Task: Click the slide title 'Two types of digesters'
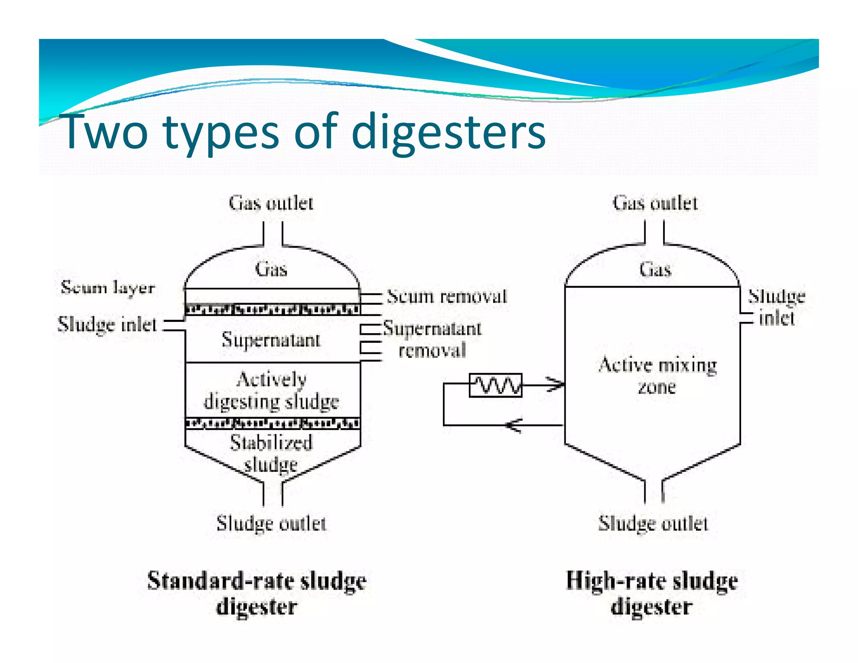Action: tap(305, 132)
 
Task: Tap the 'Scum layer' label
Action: tap(108, 288)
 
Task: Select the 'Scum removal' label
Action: tap(447, 297)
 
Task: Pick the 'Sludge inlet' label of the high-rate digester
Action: tap(776, 307)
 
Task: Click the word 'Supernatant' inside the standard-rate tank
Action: tap(271, 339)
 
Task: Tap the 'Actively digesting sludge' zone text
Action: tap(271, 391)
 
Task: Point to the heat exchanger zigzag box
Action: tap(496, 385)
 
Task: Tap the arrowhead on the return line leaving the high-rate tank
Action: tap(513, 425)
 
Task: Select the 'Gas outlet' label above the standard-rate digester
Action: tap(271, 203)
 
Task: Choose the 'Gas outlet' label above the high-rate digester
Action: tap(655, 203)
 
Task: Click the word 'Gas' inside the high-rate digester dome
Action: tap(655, 269)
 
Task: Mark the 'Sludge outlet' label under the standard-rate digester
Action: tap(271, 523)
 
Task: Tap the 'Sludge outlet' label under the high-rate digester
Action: tap(653, 523)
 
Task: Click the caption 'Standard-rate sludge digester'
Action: tap(257, 593)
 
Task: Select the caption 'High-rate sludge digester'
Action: tap(652, 593)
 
